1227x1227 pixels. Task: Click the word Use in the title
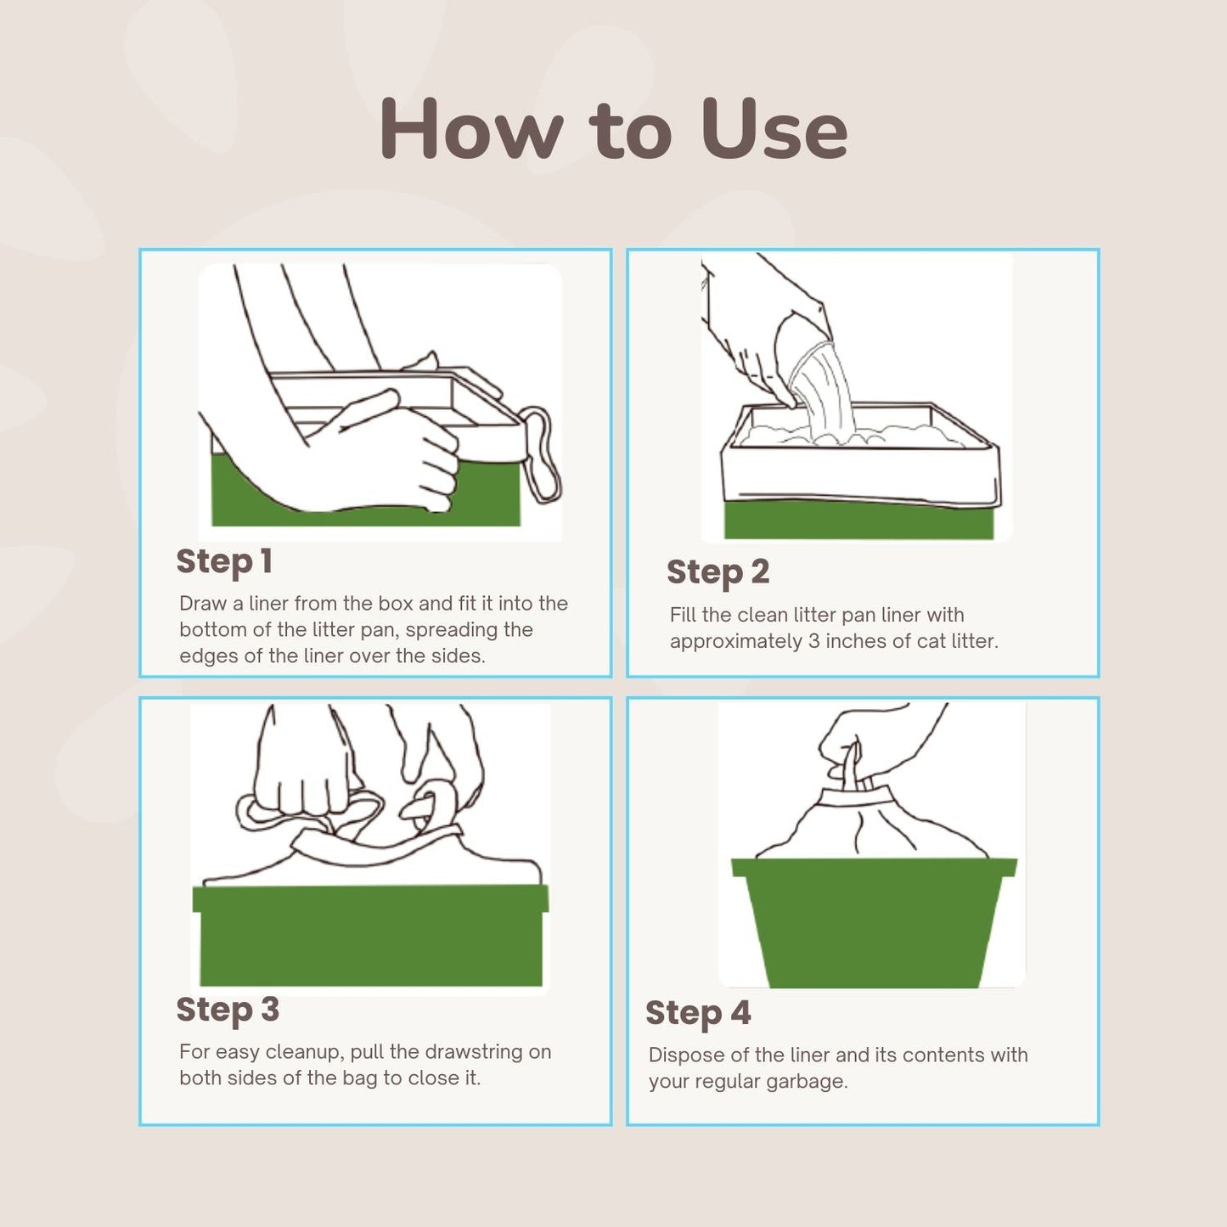click(774, 129)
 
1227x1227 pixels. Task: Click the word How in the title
click(471, 129)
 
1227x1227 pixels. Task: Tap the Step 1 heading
click(224, 562)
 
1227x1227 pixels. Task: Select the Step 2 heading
click(718, 572)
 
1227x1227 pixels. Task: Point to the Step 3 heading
click(228, 1010)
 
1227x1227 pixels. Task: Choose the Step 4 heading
click(698, 1014)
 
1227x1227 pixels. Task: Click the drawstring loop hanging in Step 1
click(543, 454)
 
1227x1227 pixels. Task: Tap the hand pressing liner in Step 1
click(399, 454)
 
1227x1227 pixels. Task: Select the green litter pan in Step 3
click(371, 934)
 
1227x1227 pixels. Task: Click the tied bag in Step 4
click(870, 824)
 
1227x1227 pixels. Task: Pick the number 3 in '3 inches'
click(813, 641)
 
